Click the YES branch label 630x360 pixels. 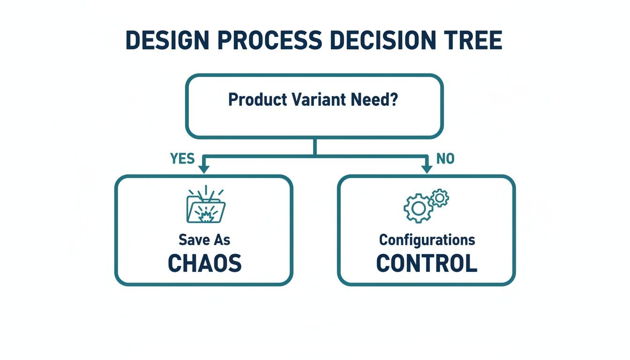click(182, 159)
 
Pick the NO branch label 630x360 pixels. click(445, 159)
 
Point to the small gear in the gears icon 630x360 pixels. click(439, 198)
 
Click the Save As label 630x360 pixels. click(204, 240)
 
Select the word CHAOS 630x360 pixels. click(204, 264)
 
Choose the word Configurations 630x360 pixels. click(427, 240)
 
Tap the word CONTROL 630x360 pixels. click(427, 264)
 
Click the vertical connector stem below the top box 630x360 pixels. click(315, 146)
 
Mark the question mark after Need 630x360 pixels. click(393, 100)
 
